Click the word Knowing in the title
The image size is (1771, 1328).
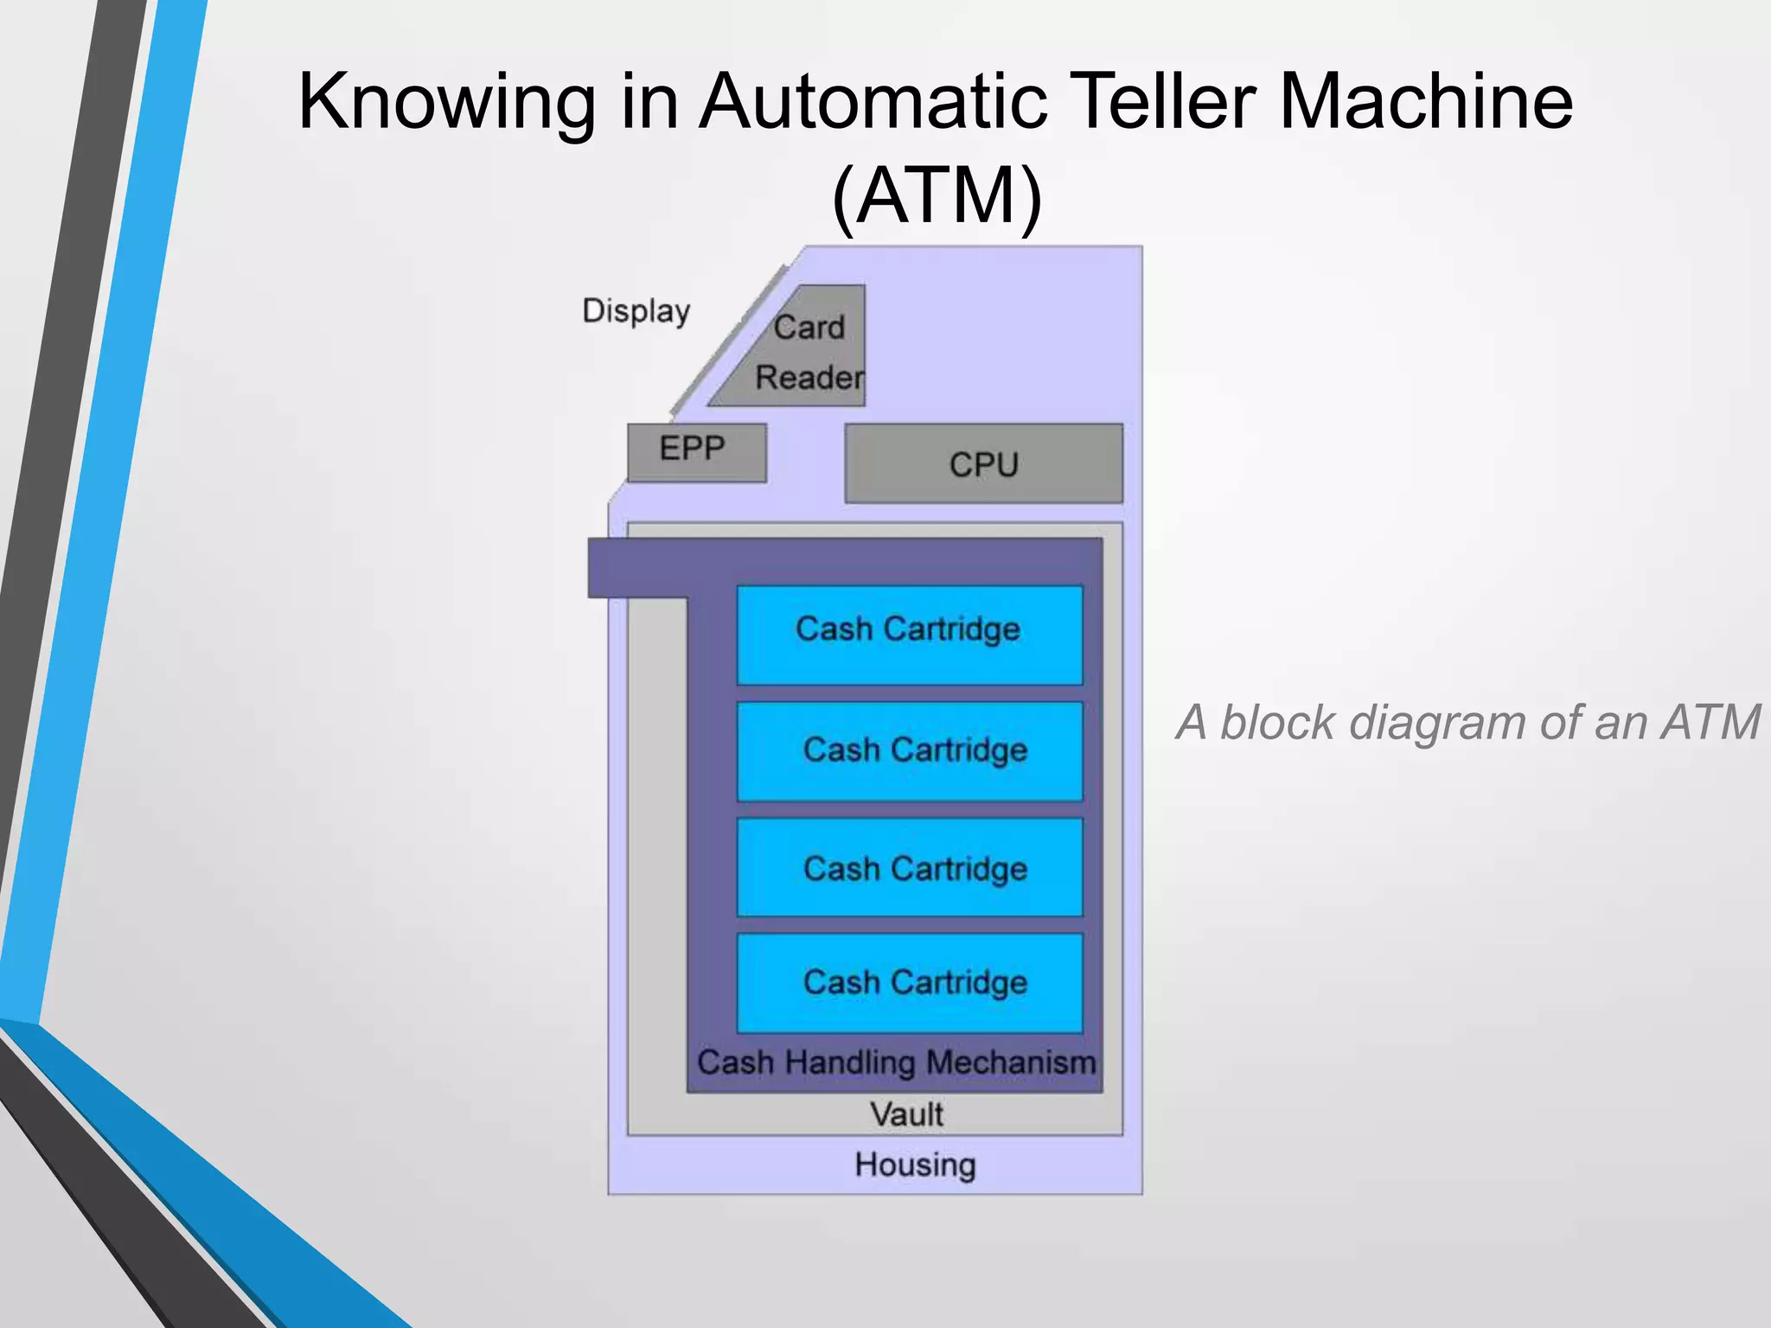click(446, 102)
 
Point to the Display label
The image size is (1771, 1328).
click(636, 311)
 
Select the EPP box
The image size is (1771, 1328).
click(696, 452)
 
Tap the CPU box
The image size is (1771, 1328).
click(983, 464)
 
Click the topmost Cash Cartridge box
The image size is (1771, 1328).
click(909, 634)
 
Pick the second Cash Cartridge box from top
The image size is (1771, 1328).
click(909, 750)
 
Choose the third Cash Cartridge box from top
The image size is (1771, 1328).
click(909, 868)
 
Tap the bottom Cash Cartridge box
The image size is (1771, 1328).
click(909, 983)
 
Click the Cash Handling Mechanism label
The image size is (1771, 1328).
click(896, 1063)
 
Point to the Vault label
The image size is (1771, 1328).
click(905, 1114)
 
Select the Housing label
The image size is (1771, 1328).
click(915, 1165)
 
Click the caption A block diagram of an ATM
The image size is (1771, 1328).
click(1467, 723)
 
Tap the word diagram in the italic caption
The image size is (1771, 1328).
click(1438, 723)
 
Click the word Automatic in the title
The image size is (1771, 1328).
click(874, 102)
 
